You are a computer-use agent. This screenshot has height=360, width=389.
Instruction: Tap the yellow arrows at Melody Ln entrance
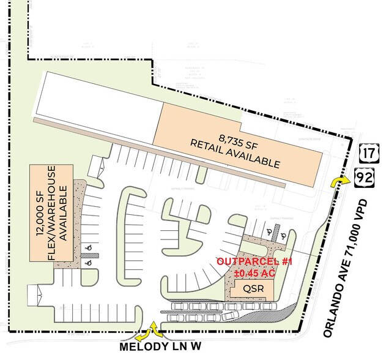(x=150, y=332)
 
